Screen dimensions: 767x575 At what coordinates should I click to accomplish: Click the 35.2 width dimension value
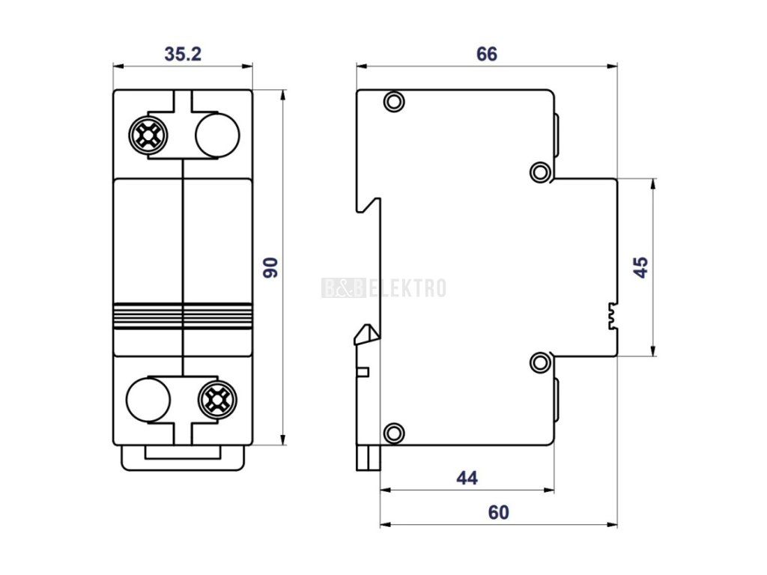coord(183,54)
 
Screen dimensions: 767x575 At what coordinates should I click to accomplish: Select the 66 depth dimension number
coord(487,54)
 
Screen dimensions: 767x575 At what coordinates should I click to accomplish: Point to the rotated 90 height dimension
coord(270,267)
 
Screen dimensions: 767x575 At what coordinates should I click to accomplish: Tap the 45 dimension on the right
coord(641,267)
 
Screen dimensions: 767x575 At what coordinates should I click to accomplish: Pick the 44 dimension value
coord(467,478)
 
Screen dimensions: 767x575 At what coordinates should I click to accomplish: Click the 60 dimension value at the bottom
coord(498,512)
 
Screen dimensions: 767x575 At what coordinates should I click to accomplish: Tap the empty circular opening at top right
coord(217,136)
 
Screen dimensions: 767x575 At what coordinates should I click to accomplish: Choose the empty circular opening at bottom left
coord(148,400)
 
